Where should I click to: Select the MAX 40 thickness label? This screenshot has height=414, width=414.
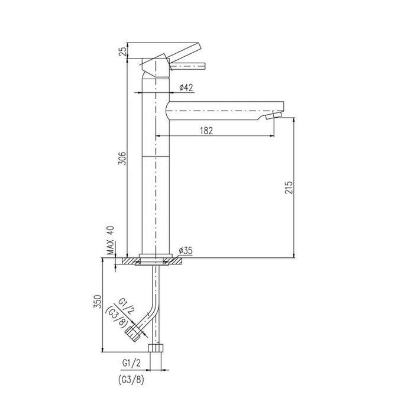point(111,240)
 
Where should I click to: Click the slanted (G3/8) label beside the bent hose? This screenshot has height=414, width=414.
point(116,318)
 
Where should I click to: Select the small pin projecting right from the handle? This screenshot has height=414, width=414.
point(192,66)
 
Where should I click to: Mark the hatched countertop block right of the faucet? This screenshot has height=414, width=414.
point(183,260)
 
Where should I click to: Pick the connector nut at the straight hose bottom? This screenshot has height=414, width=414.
point(157,348)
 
